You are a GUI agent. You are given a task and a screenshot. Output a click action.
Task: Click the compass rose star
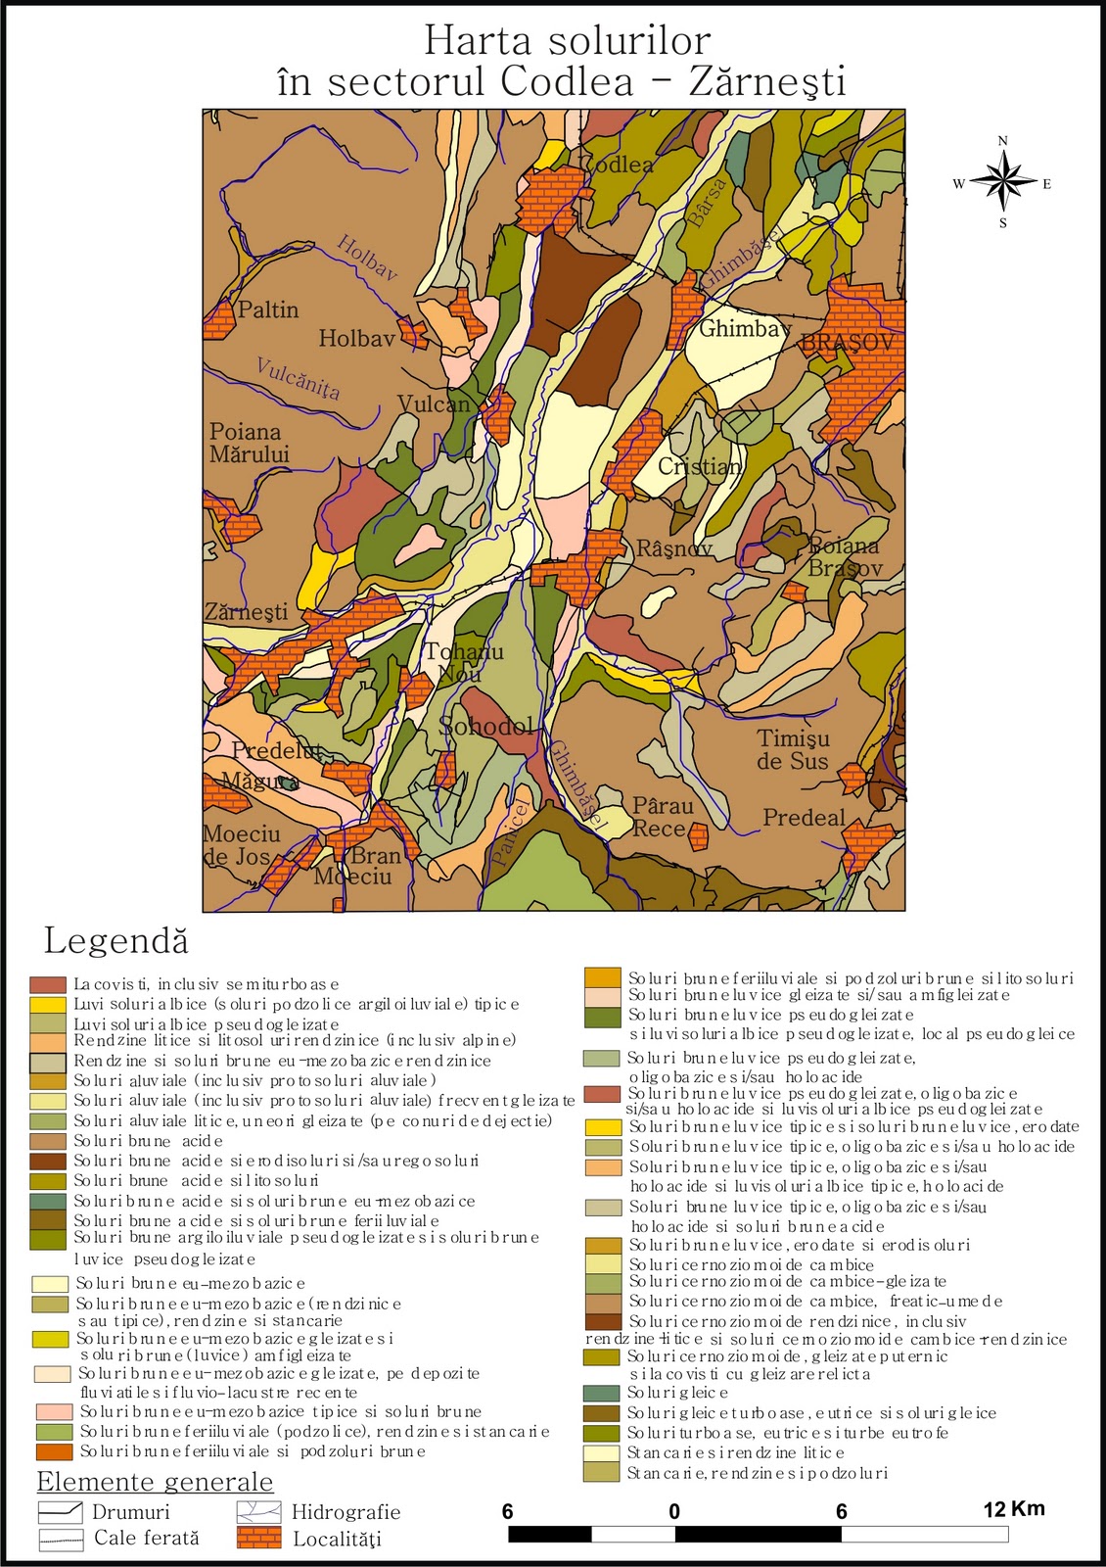coord(1003,182)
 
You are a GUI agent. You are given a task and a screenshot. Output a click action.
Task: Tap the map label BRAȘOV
coord(848,343)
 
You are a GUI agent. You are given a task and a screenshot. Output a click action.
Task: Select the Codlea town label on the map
coord(619,165)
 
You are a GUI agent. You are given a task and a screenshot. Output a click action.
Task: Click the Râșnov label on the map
coord(674,548)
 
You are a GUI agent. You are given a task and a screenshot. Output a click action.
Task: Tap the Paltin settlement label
coord(268,309)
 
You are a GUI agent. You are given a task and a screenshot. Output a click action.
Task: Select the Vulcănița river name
coord(298,378)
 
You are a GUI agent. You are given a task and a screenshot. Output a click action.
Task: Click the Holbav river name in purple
coord(367,258)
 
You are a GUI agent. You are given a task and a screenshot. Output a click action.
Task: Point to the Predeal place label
coord(804,818)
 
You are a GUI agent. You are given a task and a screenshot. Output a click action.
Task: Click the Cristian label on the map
coord(699,466)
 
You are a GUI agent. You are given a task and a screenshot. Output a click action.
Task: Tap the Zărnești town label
coord(246,612)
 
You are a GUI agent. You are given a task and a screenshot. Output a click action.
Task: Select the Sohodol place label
coord(487,726)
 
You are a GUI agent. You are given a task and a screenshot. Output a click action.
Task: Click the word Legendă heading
coord(115,941)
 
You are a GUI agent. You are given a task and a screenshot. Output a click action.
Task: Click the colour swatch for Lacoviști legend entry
coord(48,984)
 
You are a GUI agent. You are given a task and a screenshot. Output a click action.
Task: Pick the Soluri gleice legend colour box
coord(601,1393)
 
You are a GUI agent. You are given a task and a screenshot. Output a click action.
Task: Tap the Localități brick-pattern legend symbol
coord(258,1538)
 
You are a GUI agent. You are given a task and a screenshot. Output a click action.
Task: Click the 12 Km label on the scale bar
coord(1013,1508)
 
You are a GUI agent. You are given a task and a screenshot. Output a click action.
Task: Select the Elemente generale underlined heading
coord(155,1482)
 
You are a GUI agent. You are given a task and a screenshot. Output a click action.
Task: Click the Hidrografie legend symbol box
coord(258,1512)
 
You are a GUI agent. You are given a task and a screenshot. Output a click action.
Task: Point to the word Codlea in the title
coord(567,82)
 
